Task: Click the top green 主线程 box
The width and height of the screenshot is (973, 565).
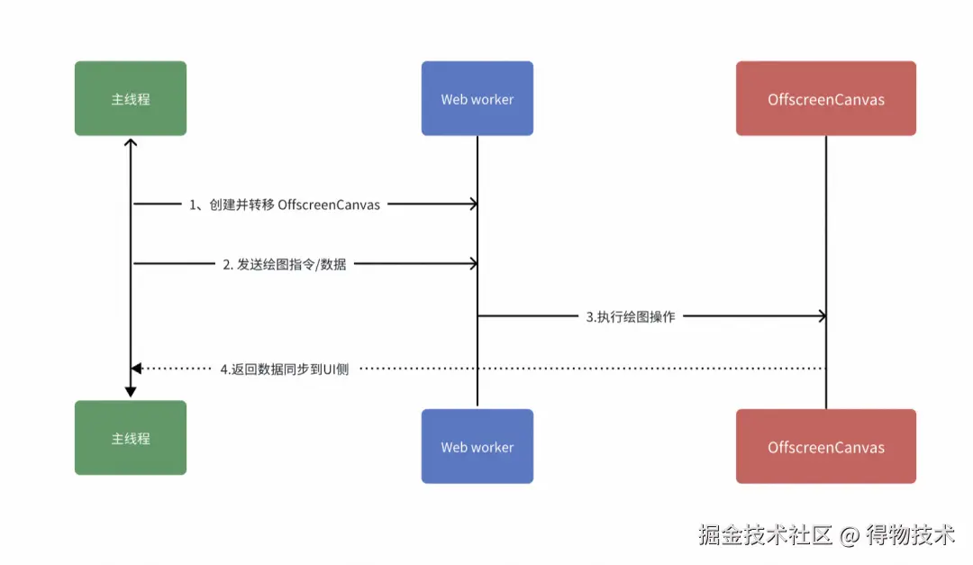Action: (x=131, y=99)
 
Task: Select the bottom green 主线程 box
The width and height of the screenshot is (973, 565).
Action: (x=131, y=439)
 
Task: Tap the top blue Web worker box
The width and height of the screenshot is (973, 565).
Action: (x=477, y=99)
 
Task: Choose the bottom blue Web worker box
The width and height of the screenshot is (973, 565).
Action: (x=477, y=447)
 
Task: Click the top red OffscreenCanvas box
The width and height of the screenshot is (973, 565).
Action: (x=826, y=99)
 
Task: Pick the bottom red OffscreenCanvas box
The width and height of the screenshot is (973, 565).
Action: (x=826, y=447)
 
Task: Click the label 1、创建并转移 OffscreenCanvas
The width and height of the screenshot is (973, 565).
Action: (x=284, y=205)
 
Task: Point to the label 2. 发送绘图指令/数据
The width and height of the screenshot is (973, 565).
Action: (x=284, y=264)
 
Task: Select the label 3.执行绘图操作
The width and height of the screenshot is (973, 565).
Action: (x=631, y=316)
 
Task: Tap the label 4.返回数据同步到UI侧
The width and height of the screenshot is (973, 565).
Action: (x=285, y=369)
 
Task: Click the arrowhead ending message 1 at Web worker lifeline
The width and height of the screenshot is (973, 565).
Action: (x=472, y=205)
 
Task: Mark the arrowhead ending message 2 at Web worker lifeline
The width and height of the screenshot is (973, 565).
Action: (x=472, y=264)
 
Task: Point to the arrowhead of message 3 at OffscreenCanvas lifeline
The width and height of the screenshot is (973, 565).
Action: (x=821, y=315)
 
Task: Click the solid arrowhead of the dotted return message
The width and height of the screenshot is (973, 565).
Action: (x=136, y=369)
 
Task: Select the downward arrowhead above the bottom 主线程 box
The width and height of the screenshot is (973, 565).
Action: (x=131, y=392)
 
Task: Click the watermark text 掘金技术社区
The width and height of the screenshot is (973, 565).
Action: (x=765, y=535)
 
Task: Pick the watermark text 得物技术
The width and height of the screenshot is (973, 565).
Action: (x=910, y=535)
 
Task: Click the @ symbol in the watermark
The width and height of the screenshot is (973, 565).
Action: (x=849, y=536)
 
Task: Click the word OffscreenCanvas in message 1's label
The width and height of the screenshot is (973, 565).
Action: (x=329, y=205)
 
